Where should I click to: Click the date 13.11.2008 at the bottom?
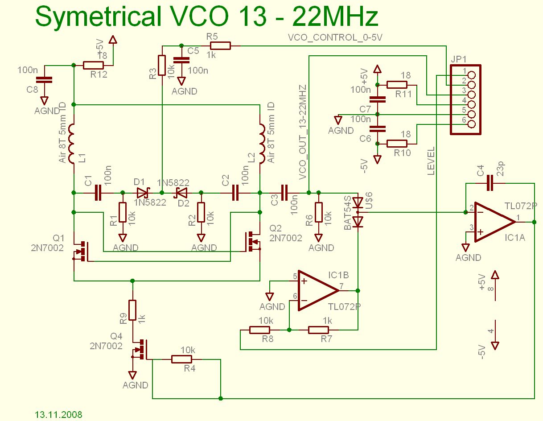[x=58, y=414]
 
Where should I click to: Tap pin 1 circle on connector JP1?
[x=472, y=75]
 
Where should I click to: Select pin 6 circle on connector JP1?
[x=472, y=124]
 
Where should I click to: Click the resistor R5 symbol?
[x=220, y=46]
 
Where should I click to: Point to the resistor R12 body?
[x=93, y=66]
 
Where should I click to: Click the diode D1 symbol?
[x=144, y=193]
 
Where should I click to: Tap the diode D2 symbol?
[x=181, y=193]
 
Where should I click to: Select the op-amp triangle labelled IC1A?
[x=495, y=222]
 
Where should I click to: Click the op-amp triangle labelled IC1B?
[x=318, y=291]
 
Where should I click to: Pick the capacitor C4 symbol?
[x=490, y=183]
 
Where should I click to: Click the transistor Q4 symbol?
[x=140, y=349]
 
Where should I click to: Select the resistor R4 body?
[x=181, y=359]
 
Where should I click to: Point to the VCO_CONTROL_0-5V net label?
[x=335, y=37]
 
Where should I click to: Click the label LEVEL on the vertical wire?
[x=431, y=161]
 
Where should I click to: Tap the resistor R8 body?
[x=259, y=330]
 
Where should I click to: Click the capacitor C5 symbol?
[x=181, y=60]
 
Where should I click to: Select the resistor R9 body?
[x=132, y=310]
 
